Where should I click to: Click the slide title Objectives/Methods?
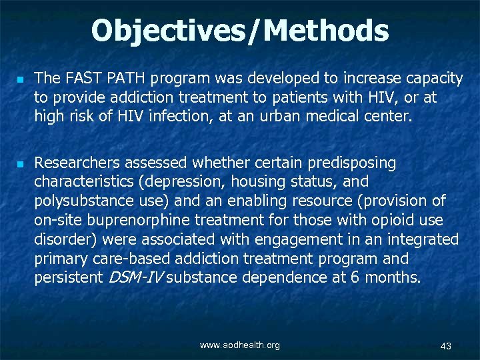[240, 31]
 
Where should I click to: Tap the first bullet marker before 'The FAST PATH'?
[21, 79]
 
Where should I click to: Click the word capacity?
[432, 79]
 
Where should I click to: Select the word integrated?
[419, 239]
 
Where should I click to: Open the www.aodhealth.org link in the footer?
[240, 345]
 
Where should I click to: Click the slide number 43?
[446, 345]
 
